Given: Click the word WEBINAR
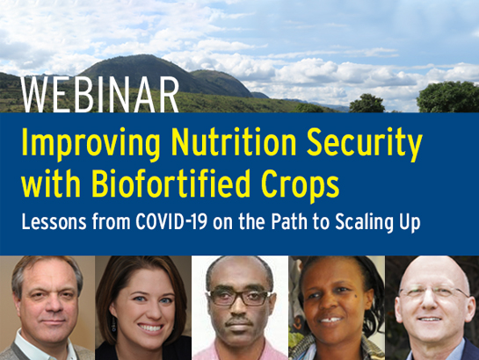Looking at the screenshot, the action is tap(99, 95).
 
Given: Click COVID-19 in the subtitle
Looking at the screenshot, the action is tap(171, 221).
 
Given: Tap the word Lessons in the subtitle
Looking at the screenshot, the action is tap(54, 221).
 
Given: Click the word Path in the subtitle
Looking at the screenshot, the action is tap(289, 221).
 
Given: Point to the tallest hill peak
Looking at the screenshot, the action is tap(143, 56).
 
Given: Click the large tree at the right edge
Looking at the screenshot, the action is tap(448, 97).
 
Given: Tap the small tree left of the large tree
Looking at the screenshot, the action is tap(367, 104).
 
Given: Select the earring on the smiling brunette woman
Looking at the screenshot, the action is tap(113, 324).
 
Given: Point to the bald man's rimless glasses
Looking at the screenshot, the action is tap(433, 292).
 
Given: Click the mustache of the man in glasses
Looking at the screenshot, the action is tap(239, 320).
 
